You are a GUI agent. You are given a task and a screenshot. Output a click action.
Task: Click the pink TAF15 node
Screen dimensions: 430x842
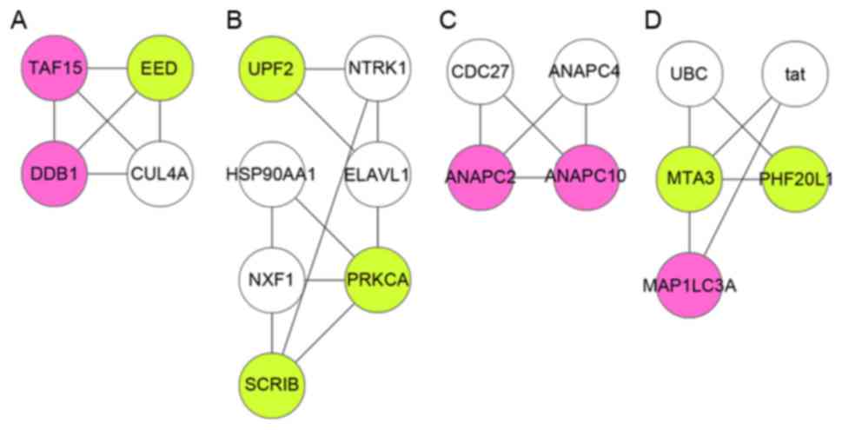click(55, 66)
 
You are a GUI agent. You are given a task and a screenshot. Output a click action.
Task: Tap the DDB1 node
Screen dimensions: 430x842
click(55, 173)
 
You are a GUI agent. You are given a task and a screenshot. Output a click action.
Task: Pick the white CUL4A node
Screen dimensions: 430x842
click(160, 173)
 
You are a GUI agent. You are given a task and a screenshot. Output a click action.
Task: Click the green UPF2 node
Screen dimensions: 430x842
click(275, 66)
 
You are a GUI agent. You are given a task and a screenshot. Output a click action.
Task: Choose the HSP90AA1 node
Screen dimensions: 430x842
click(275, 173)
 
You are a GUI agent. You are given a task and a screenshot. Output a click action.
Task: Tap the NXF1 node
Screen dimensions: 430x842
click(275, 280)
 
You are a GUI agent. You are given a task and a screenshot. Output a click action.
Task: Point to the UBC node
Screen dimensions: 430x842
click(688, 75)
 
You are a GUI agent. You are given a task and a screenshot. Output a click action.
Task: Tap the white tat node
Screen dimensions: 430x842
click(794, 75)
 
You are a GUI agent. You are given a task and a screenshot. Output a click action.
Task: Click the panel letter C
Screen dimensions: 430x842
click(447, 19)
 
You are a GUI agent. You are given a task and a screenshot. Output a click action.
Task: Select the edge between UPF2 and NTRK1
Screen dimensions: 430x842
click(327, 66)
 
